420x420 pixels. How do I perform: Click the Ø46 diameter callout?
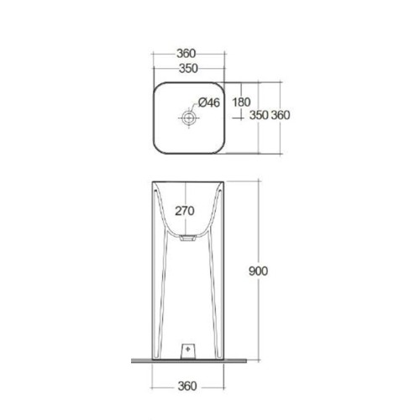[209, 102]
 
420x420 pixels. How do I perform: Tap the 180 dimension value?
[241, 102]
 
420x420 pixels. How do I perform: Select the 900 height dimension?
[258, 270]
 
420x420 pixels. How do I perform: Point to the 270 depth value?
[185, 211]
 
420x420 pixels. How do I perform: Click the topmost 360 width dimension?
[186, 53]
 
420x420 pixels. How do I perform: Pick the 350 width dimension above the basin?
[188, 68]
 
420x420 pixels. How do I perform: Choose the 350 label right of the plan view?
[259, 115]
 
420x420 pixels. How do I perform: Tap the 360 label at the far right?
[281, 115]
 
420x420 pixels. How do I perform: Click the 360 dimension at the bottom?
[187, 386]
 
